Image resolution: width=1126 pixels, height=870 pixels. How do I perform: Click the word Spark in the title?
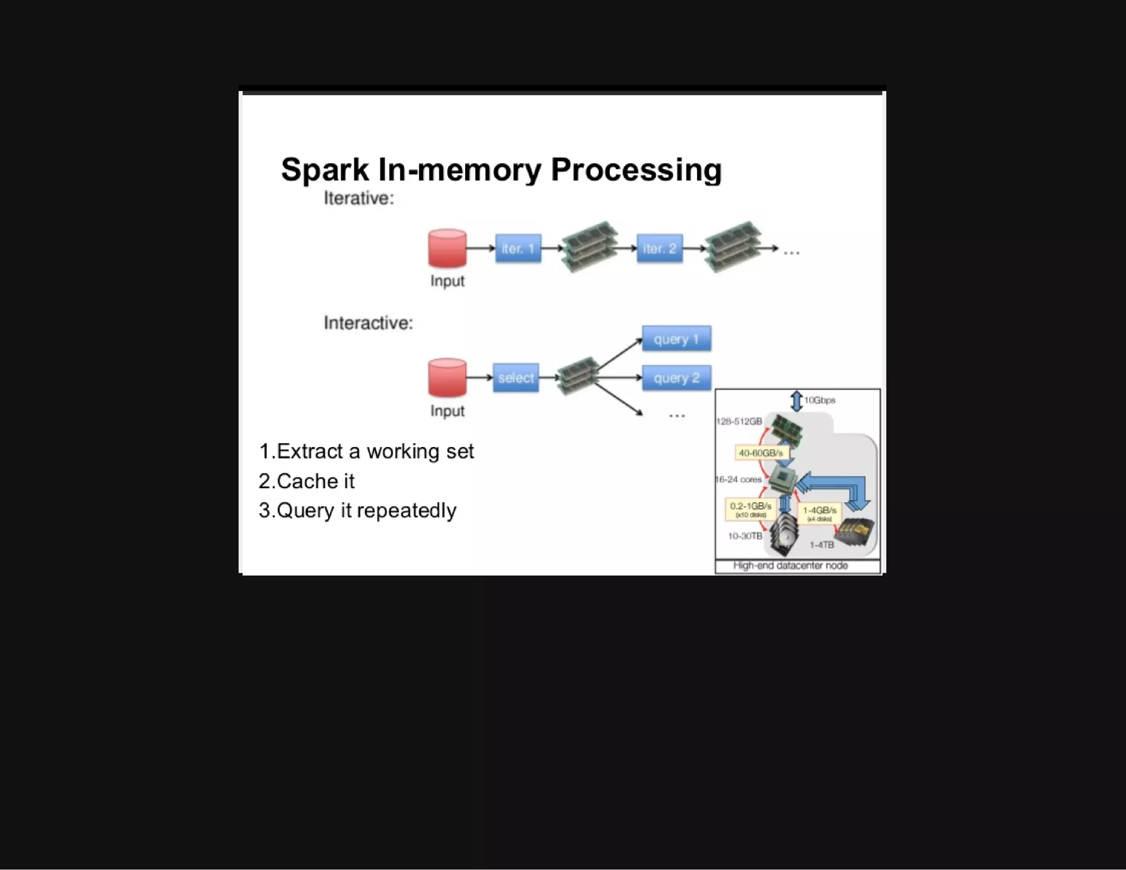click(324, 169)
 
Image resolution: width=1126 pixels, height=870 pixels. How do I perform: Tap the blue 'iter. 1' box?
click(518, 249)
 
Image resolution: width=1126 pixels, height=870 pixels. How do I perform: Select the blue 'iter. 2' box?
click(659, 249)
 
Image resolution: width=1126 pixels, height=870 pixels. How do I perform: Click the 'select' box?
click(516, 378)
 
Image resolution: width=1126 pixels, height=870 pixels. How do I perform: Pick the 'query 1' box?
click(676, 339)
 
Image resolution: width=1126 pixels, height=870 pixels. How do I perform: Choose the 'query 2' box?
click(676, 378)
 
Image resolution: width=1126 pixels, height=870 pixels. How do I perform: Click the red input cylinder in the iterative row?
click(447, 249)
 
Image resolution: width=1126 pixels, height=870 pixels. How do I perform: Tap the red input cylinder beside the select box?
click(447, 378)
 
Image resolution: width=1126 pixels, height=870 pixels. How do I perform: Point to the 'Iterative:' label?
click(358, 198)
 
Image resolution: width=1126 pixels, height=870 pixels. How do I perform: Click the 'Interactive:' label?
click(368, 323)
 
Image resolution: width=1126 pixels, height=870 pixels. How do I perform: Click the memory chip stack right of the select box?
click(577, 376)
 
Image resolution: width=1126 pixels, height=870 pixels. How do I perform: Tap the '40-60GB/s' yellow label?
click(760, 453)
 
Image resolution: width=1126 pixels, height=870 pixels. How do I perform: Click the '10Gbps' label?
click(819, 400)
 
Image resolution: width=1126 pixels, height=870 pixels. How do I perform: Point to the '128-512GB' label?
click(739, 421)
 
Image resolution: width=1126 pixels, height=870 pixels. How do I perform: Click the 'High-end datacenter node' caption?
click(790, 565)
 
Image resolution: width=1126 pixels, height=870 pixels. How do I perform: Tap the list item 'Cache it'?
click(314, 481)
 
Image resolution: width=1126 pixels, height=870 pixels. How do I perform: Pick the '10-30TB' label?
click(745, 536)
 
